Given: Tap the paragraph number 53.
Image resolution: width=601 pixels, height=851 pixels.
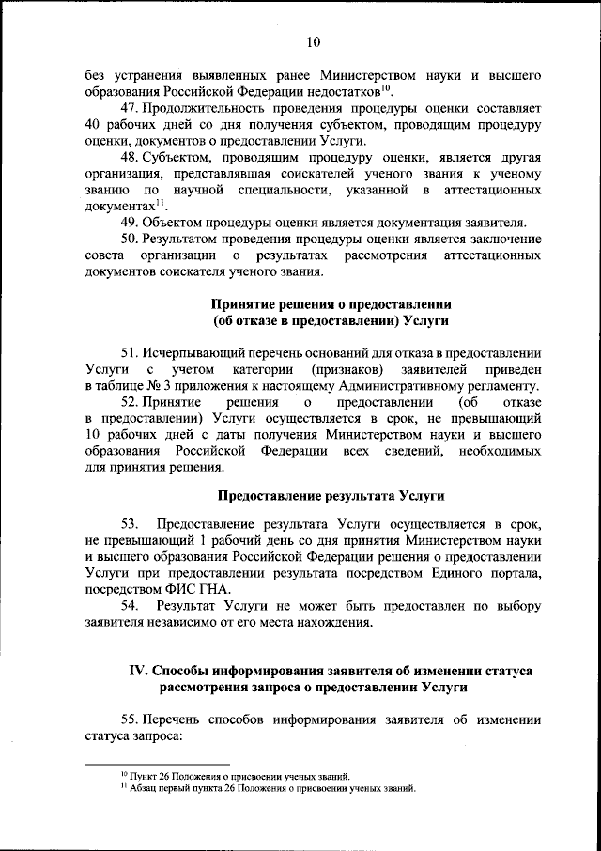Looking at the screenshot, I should [x=130, y=522].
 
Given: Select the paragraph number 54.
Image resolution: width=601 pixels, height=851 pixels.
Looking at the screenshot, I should [x=130, y=605].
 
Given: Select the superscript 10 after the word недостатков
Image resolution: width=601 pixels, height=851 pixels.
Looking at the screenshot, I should [x=386, y=87].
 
